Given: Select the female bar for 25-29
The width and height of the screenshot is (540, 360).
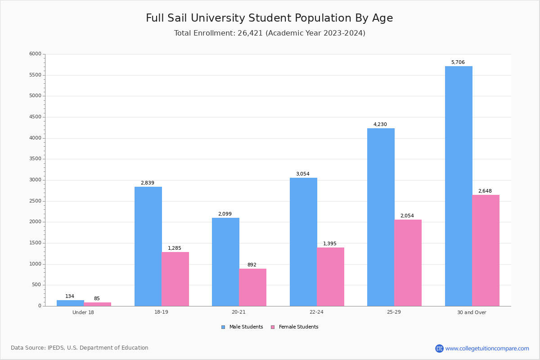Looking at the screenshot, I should click(408, 263).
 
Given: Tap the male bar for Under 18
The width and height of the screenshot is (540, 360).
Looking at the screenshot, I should click(70, 303).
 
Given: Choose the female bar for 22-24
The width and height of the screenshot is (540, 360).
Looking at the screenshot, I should click(330, 277).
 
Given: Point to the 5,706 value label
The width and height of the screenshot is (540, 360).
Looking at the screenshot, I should click(458, 63).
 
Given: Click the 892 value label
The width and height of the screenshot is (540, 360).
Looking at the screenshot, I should click(252, 265).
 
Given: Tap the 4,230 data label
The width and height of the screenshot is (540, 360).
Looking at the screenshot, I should click(380, 125).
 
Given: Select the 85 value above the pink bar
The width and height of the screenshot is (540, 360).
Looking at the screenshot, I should click(97, 299).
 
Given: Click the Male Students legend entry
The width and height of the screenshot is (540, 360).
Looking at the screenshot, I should click(246, 327).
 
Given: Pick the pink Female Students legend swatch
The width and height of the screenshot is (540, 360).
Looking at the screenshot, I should click(273, 327).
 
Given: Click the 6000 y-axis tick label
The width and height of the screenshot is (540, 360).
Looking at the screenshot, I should click(35, 54).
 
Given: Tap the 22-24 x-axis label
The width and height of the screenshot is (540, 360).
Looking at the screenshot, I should click(316, 312).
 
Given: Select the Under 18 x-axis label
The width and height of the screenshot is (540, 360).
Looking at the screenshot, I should click(83, 312).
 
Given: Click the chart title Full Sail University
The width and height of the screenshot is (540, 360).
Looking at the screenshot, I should click(269, 18).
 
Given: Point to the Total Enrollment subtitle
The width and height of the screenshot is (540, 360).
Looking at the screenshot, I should click(269, 33).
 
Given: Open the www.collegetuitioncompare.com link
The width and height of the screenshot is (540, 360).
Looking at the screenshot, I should click(487, 348).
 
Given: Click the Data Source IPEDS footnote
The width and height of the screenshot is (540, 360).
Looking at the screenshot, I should click(80, 348).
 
